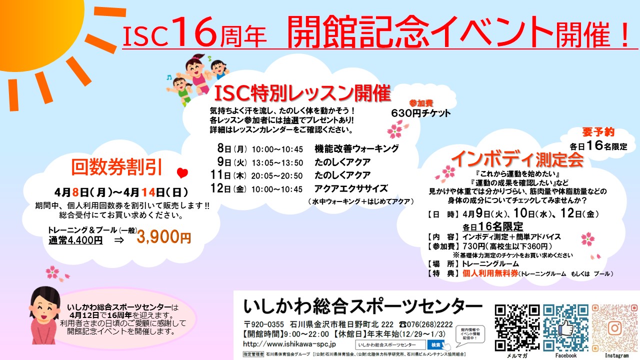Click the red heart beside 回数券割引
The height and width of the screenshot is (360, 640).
tap(182, 173)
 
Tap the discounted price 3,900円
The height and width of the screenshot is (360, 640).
tap(163, 237)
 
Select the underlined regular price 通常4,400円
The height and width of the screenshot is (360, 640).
tap(75, 240)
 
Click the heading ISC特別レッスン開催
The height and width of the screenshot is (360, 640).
tap(302, 93)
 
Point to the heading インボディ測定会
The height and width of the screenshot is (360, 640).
tap(517, 159)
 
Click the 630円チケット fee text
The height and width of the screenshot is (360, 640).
tap(420, 113)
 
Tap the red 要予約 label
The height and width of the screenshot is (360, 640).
tap(598, 132)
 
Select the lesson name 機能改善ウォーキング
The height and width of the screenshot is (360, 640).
tap(356, 149)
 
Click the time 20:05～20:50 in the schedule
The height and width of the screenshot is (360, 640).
tap(277, 175)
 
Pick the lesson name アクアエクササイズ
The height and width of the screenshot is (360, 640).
tap(351, 188)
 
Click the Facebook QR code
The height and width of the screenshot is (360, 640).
tap(565, 327)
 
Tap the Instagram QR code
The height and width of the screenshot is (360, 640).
tap(615, 327)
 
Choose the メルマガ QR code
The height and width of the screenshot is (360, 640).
tap(517, 327)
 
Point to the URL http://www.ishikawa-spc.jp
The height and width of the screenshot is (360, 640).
tap(289, 344)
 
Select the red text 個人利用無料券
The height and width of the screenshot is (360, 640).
tap(490, 273)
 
